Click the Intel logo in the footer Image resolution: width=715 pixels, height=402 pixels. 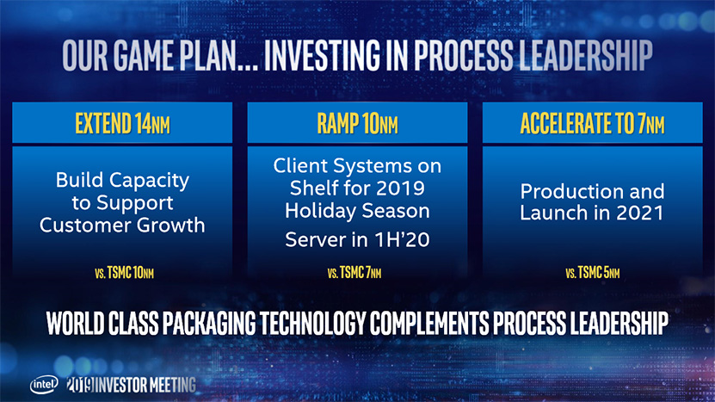[44, 385]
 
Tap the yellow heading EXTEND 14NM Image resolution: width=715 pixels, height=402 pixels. [123, 123]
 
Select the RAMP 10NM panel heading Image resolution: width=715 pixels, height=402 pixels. [358, 123]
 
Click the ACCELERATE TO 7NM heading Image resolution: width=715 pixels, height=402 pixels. [592, 123]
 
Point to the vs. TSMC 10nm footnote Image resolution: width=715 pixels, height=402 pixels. [124, 273]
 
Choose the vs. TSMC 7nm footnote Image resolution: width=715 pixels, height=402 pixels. [354, 273]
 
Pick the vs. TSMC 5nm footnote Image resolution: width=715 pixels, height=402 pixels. [592, 273]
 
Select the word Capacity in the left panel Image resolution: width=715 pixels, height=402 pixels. [150, 181]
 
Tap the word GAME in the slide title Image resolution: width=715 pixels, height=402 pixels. [143, 55]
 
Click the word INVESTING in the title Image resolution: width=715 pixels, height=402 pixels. [322, 55]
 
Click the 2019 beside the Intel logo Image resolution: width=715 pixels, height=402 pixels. [80, 385]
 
